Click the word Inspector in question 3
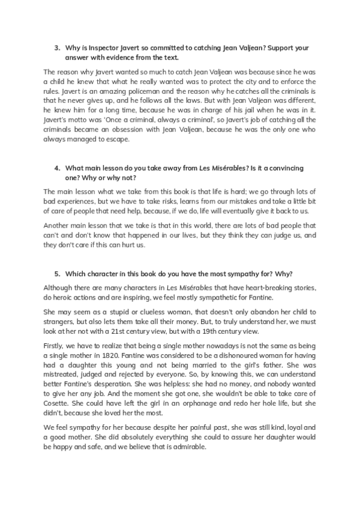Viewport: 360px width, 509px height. (x=104, y=47)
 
